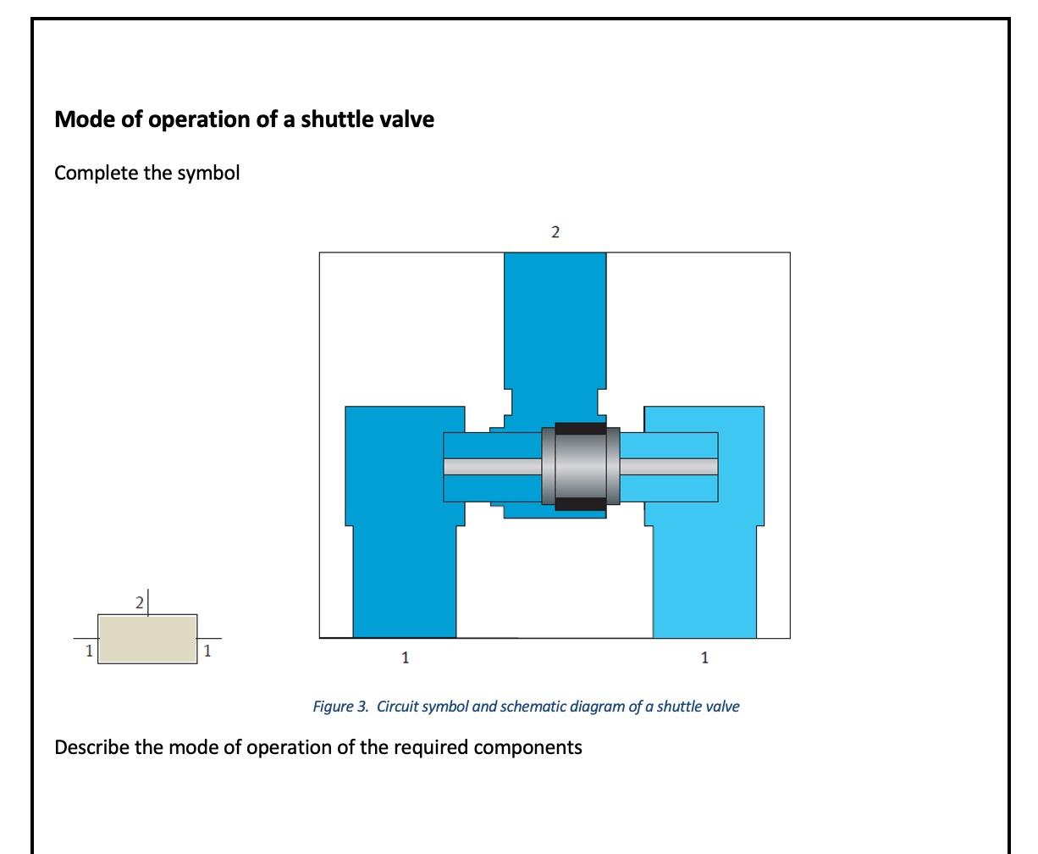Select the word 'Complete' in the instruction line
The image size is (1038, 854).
click(x=91, y=173)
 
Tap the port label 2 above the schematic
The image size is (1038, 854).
click(x=555, y=232)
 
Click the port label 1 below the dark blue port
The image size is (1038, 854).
click(x=405, y=657)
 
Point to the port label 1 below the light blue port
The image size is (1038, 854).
click(x=704, y=657)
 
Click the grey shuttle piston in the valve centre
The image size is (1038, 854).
click(x=580, y=466)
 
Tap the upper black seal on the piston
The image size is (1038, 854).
click(x=580, y=429)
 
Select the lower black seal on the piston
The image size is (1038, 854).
click(x=580, y=505)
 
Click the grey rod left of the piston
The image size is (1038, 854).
click(x=492, y=466)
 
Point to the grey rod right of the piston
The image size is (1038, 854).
click(x=669, y=466)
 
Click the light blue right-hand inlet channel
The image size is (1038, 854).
click(x=704, y=576)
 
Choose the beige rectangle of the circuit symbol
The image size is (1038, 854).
click(x=147, y=639)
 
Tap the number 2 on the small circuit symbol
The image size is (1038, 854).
click(x=140, y=603)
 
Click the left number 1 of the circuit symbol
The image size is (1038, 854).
click(x=87, y=651)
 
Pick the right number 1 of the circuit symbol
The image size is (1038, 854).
click(x=207, y=651)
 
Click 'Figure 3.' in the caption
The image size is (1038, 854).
click(x=340, y=707)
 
